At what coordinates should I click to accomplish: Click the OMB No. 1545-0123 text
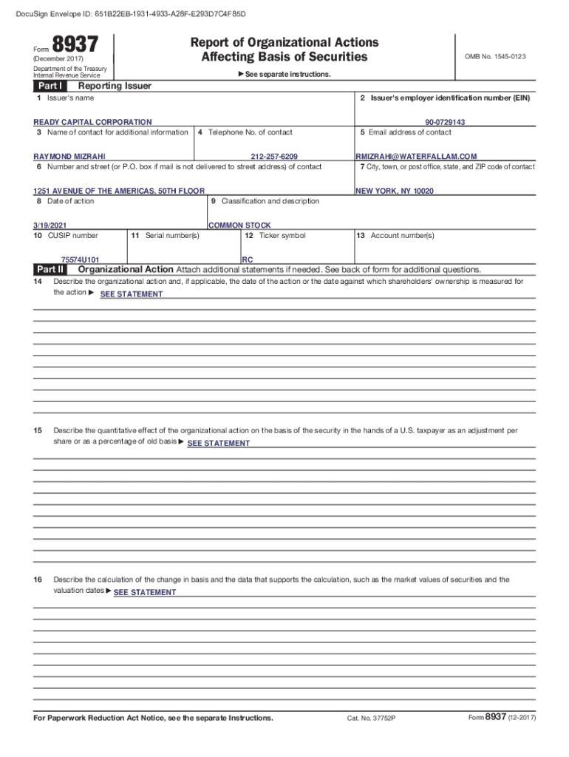[495, 56]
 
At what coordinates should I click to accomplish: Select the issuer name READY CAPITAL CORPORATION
[92, 122]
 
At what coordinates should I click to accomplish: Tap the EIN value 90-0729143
[445, 122]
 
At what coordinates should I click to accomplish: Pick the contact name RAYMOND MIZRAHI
[69, 156]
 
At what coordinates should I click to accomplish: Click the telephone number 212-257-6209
[274, 156]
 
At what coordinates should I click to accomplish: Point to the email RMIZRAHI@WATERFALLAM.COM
[416, 156]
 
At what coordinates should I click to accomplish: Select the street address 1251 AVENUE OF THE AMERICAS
[119, 191]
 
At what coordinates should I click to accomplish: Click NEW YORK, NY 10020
[395, 191]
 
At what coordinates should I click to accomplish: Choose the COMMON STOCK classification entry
[239, 225]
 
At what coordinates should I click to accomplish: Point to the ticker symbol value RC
[247, 259]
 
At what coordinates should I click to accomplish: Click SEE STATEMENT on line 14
[131, 294]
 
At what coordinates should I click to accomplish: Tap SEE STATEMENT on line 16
[144, 592]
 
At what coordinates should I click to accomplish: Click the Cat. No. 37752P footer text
[372, 719]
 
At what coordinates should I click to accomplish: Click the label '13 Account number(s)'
[395, 236]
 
